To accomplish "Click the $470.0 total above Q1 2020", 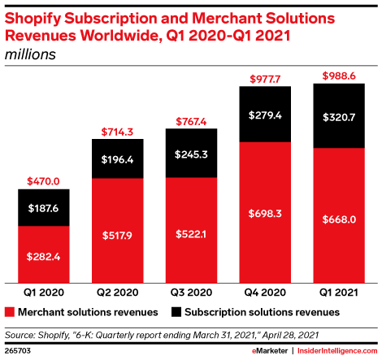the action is (43, 181).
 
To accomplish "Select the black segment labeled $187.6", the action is (44, 207).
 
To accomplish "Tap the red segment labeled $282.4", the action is (44, 254).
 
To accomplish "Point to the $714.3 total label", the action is (117, 132).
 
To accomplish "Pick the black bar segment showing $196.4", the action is (118, 158).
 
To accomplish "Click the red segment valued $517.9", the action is (118, 231).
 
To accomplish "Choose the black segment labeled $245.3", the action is (191, 153).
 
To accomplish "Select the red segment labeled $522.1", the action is (191, 231).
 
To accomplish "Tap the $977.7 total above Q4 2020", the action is (265, 79).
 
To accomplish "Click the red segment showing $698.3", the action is (265, 213).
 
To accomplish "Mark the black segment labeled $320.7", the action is (339, 115).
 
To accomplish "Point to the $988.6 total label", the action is (339, 76).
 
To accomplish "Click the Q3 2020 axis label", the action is (191, 293).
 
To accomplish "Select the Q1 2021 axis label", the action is (339, 293).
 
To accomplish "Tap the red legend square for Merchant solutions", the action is (10, 312).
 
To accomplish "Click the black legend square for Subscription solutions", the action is (176, 312).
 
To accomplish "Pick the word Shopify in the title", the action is (33, 19).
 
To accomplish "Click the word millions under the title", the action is (30, 54).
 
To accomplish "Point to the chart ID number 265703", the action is (18, 351).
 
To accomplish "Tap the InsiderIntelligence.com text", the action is (337, 351).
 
